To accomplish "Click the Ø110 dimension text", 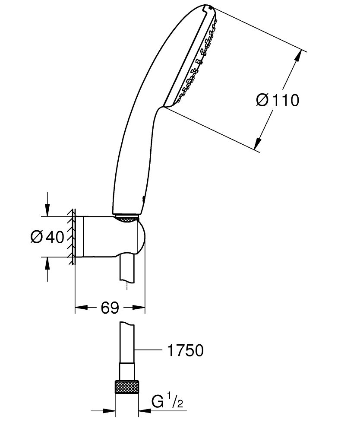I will (277, 100).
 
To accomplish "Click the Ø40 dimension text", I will (47, 237).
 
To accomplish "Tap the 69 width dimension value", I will (110, 308).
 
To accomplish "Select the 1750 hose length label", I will (185, 350).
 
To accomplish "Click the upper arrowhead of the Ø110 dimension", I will (298, 56).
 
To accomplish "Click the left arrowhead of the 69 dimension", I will (80, 308).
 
